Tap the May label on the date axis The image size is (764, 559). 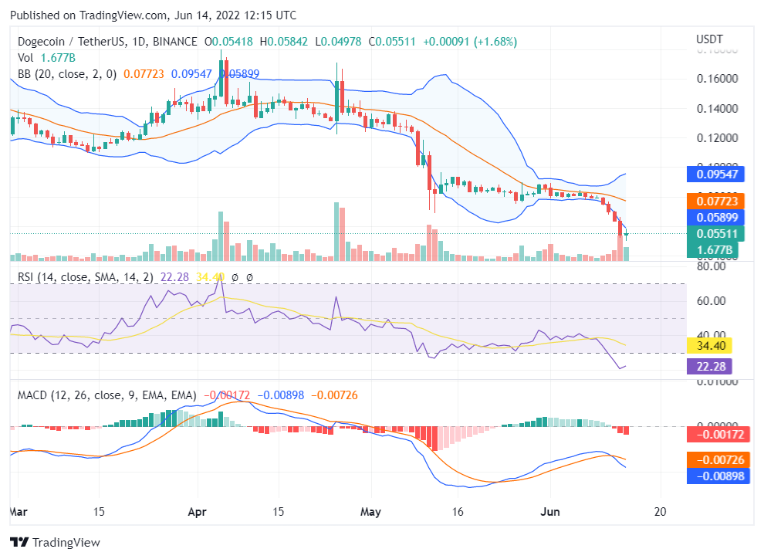click(x=371, y=511)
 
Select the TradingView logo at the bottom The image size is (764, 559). click(x=55, y=542)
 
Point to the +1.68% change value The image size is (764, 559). click(x=496, y=41)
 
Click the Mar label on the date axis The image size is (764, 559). click(x=19, y=511)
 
